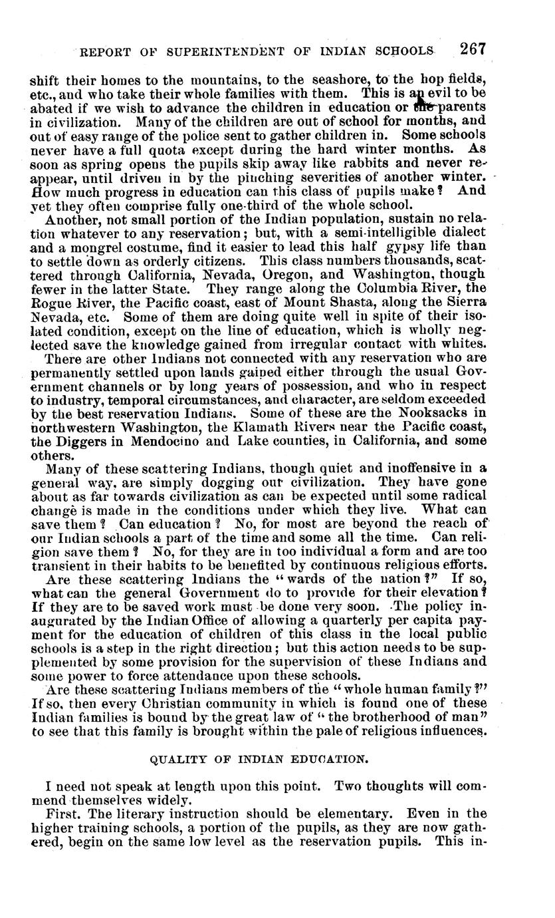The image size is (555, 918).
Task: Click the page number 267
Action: [x=473, y=49]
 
